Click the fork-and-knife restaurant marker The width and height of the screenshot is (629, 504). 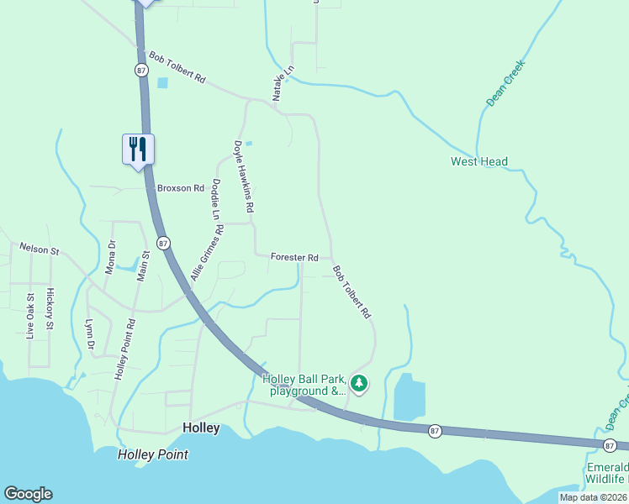(x=138, y=150)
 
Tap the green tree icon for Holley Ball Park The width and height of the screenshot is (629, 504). (x=359, y=384)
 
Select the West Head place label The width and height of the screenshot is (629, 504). (x=479, y=161)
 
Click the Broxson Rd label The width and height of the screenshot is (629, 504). (x=181, y=188)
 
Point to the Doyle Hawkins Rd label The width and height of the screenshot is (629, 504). (x=243, y=176)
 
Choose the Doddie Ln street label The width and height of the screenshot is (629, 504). (x=215, y=198)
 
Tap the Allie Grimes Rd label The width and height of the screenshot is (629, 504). (x=207, y=249)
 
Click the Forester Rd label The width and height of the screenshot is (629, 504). (x=294, y=257)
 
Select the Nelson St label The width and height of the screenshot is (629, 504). (x=40, y=249)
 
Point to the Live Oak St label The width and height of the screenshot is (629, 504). (x=30, y=316)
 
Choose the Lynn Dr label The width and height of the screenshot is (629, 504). (x=89, y=334)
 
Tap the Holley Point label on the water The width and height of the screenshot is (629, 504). (x=153, y=454)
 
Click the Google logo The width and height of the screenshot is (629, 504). (x=28, y=494)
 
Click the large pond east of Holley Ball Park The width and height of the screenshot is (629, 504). (x=409, y=396)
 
